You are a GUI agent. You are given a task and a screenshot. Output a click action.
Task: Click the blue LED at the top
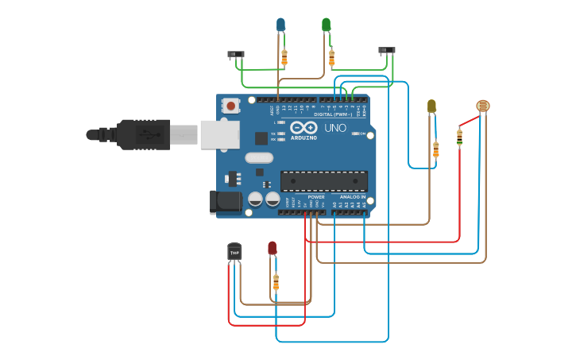click(x=280, y=25)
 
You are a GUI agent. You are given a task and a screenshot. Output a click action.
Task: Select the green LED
click(x=326, y=25)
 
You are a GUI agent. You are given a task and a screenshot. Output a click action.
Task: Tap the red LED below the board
click(x=273, y=249)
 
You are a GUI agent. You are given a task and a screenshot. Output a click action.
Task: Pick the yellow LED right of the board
click(x=431, y=106)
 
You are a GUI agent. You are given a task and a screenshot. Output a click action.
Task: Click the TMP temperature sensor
click(x=234, y=251)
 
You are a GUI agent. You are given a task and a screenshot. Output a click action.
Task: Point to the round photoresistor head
click(x=483, y=106)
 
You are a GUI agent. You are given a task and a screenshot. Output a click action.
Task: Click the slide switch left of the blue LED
click(x=236, y=55)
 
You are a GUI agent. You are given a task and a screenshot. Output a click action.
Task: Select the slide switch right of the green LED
click(x=386, y=51)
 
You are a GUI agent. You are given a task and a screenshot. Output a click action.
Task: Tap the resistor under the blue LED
click(x=284, y=57)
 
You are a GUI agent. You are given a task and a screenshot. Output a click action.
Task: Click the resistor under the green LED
click(x=331, y=57)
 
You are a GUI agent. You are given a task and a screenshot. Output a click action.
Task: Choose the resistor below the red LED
click(x=276, y=281)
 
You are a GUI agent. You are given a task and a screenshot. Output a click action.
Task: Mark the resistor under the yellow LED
click(x=435, y=149)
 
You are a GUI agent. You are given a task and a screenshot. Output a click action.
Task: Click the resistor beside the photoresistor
click(x=459, y=137)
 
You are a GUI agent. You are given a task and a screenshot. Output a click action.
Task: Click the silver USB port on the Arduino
click(x=219, y=134)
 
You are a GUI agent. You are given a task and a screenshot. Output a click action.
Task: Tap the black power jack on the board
click(x=226, y=202)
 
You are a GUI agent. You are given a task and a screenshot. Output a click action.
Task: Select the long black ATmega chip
click(x=323, y=181)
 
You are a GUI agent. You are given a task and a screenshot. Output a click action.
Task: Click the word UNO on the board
click(x=335, y=127)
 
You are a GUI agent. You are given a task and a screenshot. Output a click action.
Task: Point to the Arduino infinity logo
click(x=303, y=127)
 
